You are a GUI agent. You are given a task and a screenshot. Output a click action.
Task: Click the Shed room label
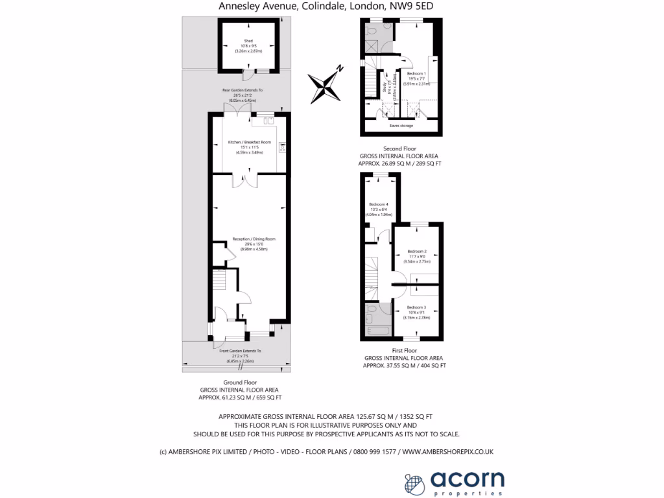click(x=248, y=40)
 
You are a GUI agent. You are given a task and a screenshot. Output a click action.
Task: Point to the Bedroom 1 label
click(x=416, y=73)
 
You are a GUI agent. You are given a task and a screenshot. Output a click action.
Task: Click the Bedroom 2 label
click(x=417, y=251)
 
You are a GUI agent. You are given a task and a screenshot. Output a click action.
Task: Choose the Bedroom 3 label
click(x=416, y=307)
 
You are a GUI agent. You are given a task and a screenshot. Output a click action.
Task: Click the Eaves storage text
click(x=401, y=125)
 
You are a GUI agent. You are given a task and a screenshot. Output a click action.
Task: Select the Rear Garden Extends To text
click(x=243, y=90)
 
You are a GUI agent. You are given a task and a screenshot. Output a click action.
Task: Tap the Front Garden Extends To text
click(x=240, y=351)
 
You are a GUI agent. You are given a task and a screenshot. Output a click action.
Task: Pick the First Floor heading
click(x=403, y=351)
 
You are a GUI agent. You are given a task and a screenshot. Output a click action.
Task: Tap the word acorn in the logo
click(x=468, y=479)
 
